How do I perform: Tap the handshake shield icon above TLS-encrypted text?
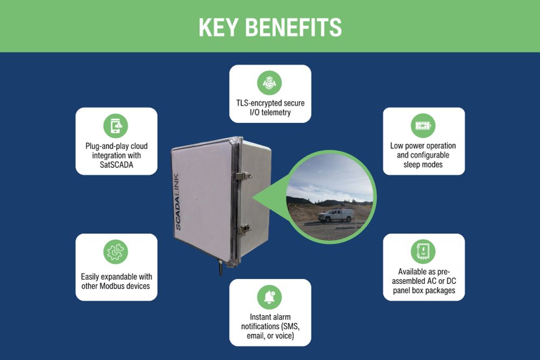pos(269,83)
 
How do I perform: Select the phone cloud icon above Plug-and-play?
pos(116,126)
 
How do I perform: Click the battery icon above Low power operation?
pos(423,126)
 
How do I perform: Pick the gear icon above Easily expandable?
pos(116,252)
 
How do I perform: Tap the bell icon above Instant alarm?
pos(269,297)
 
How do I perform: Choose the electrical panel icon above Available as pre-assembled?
pos(423,252)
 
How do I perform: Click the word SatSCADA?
pos(117,165)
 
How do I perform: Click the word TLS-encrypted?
pos(259,103)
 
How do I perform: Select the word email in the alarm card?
pos(255,335)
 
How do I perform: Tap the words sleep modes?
pos(423,165)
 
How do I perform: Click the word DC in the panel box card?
pos(451,281)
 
